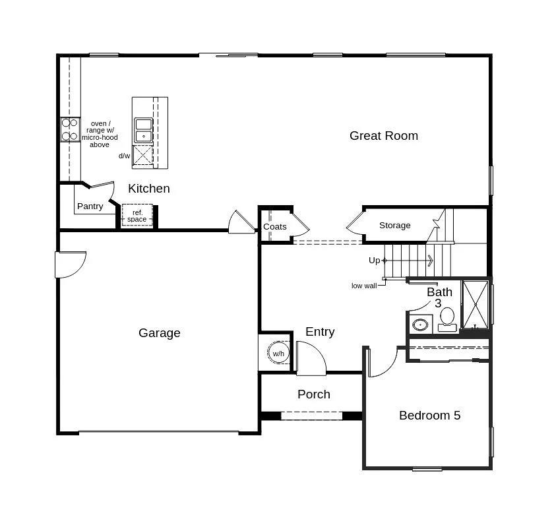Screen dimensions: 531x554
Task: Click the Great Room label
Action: (383, 136)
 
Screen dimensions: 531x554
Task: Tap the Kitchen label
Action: (148, 189)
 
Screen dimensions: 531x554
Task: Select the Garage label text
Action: (159, 333)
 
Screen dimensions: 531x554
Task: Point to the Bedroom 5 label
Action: (429, 416)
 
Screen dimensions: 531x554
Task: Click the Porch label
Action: (313, 394)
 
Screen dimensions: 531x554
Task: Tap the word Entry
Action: (320, 332)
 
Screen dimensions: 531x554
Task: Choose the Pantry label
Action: (90, 206)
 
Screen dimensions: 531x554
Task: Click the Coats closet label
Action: (274, 227)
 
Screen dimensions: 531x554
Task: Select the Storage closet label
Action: (394, 226)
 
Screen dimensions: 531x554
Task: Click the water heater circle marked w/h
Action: (278, 354)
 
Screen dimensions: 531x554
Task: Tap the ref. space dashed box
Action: (137, 216)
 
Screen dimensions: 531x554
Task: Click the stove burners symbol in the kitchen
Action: (69, 129)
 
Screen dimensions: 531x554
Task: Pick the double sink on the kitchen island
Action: (143, 130)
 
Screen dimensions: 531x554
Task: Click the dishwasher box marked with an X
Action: (143, 155)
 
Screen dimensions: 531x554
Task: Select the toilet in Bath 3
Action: (447, 318)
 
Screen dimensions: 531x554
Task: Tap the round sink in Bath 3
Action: (419, 325)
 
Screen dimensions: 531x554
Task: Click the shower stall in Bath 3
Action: (475, 304)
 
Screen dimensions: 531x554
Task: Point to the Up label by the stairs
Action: (374, 261)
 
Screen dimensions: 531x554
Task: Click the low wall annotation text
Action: (363, 286)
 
